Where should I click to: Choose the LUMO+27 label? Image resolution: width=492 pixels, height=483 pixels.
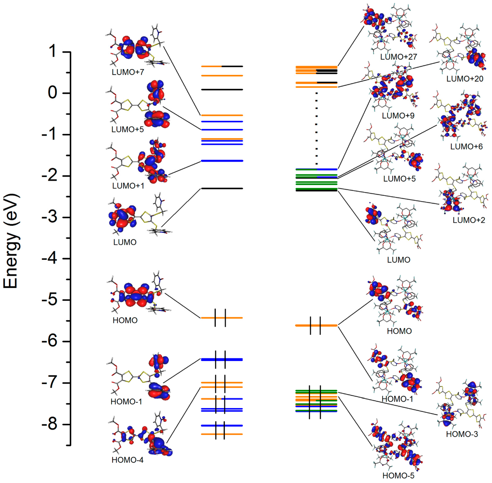[x=399, y=57]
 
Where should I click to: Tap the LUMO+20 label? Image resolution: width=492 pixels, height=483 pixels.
[x=465, y=79]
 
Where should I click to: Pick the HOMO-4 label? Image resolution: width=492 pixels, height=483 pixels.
[x=128, y=460]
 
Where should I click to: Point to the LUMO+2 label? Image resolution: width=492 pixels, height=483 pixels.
[x=469, y=220]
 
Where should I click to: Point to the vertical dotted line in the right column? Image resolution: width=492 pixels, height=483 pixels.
[x=316, y=128]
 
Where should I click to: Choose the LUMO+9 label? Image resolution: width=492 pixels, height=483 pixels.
[x=398, y=116]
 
